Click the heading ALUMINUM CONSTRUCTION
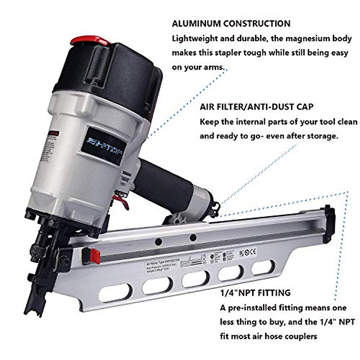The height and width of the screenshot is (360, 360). (231, 24)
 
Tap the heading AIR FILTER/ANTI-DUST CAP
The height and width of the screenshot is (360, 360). (256, 106)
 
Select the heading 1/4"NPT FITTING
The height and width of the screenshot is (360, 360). (255, 292)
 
